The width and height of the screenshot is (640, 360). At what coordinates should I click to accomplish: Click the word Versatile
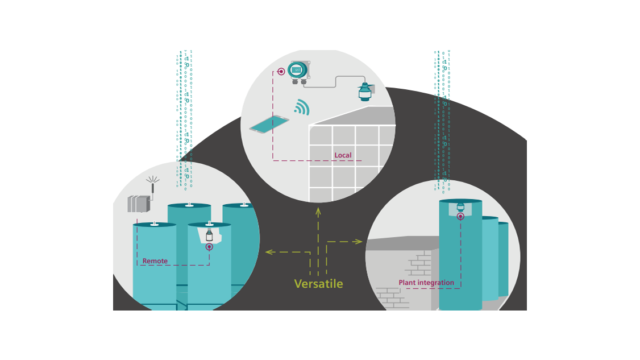click(318, 283)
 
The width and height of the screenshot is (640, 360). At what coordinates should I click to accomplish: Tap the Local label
click(343, 155)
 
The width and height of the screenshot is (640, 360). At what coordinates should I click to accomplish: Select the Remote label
click(155, 261)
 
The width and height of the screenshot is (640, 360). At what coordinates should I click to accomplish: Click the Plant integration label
click(426, 283)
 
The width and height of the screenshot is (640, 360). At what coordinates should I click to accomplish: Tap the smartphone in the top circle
click(269, 125)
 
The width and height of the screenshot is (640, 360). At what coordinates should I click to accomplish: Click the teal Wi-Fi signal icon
click(302, 107)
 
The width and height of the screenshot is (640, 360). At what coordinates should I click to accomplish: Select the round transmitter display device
click(297, 70)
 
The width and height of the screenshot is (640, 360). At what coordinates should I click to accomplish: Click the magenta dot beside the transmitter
click(281, 72)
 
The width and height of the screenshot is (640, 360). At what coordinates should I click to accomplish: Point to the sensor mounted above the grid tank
click(364, 91)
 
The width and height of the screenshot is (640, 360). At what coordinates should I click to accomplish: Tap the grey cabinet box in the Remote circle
click(138, 204)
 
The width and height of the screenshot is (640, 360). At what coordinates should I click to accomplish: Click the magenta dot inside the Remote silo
click(209, 247)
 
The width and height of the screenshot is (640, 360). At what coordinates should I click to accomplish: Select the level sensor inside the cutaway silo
click(209, 235)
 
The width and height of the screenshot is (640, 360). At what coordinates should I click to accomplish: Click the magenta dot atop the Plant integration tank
click(460, 216)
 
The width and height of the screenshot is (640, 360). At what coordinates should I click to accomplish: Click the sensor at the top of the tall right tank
click(460, 206)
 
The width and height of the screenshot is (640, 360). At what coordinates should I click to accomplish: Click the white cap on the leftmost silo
click(154, 224)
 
